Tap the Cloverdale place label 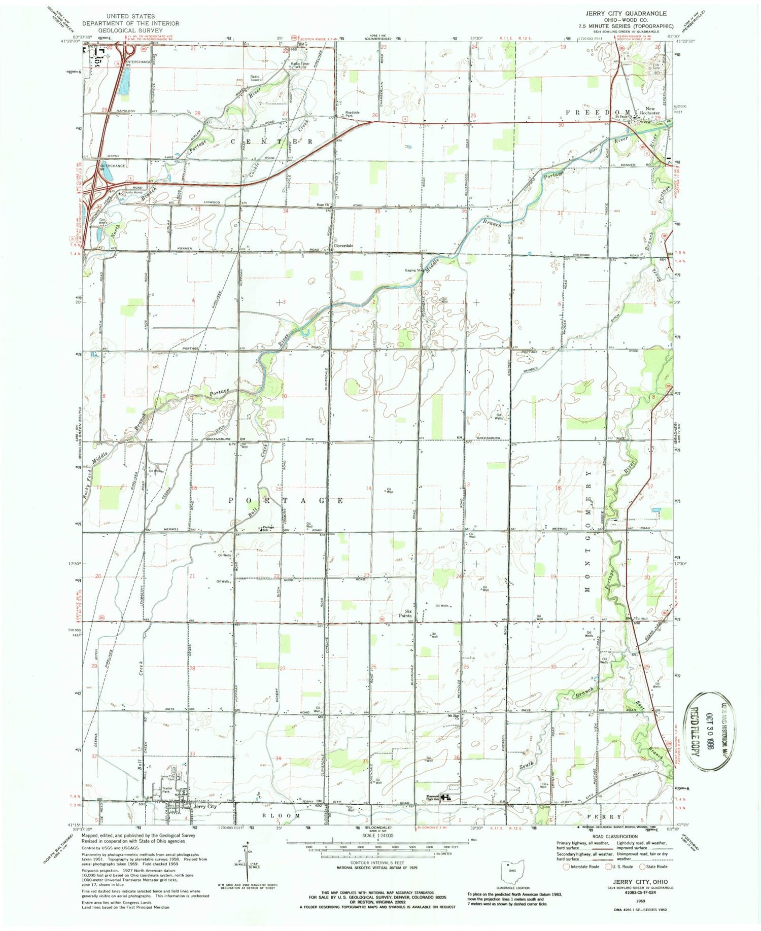coord(343,246)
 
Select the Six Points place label coord(405,613)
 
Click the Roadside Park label coord(353,114)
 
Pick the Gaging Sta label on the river coord(414,270)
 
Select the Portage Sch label coord(268,528)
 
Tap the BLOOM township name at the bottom coord(281,816)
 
